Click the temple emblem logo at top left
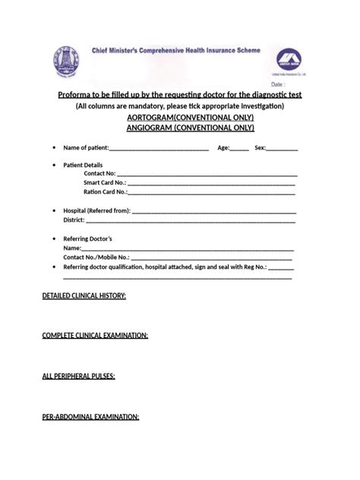tap(65, 61)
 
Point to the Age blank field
tap(240, 148)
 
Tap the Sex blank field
tap(283, 148)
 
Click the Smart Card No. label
tap(105, 183)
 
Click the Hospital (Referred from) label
tap(97, 210)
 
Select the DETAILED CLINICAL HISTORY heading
tap(84, 295)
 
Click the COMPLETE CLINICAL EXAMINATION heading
tap(95, 335)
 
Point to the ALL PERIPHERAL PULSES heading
tap(78, 376)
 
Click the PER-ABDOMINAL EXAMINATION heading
tap(90, 416)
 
